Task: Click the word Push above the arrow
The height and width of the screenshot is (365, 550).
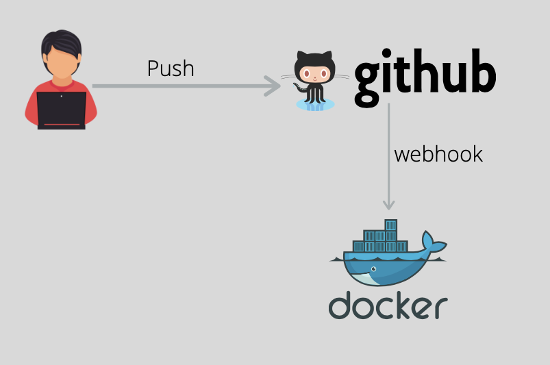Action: (x=171, y=68)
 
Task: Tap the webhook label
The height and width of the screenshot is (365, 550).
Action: (x=438, y=154)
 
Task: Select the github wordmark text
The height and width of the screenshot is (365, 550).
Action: (x=425, y=76)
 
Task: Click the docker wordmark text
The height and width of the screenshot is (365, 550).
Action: (x=388, y=307)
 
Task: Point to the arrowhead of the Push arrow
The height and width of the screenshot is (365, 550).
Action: (x=275, y=86)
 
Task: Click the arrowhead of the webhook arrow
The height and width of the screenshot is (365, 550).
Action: (x=389, y=204)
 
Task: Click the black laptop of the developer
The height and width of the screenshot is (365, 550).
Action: (x=61, y=110)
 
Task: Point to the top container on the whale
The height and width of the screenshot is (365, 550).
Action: (x=391, y=225)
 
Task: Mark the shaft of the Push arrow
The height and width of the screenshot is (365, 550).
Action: (x=178, y=86)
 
